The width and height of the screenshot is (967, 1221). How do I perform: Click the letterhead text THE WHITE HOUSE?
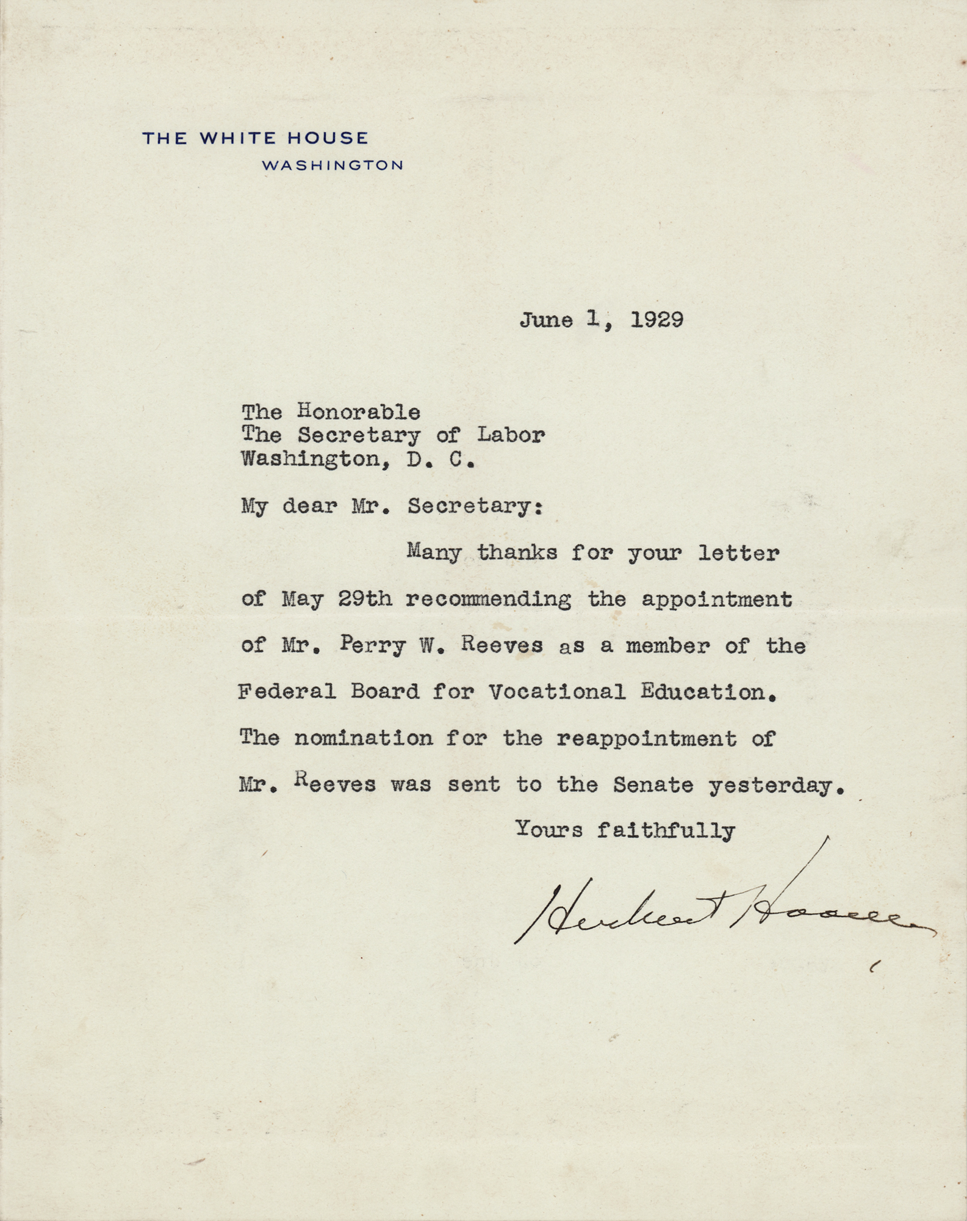[x=255, y=138]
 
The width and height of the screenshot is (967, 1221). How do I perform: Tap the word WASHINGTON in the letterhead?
[x=333, y=165]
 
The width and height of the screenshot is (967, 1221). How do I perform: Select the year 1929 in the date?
[x=656, y=321]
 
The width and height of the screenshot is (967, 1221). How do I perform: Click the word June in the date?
[x=546, y=321]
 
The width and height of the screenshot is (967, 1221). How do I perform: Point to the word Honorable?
[x=359, y=412]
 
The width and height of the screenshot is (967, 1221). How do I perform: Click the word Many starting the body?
[x=434, y=553]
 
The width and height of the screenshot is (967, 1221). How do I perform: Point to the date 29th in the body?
[x=365, y=600]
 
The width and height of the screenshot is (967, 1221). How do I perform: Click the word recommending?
[x=488, y=600]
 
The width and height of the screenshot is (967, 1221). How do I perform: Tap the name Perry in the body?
[x=372, y=646]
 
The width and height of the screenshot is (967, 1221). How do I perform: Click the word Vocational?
[x=557, y=692]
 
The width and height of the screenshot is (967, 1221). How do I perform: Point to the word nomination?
[x=364, y=739]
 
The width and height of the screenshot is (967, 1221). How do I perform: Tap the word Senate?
[x=653, y=785]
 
